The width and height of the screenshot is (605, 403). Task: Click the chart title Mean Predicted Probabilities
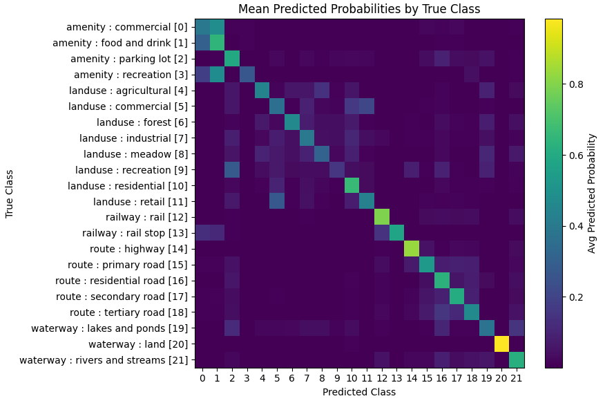[x=359, y=9]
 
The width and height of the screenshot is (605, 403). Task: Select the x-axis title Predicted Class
[x=359, y=392]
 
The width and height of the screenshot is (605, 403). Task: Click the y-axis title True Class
[x=10, y=193]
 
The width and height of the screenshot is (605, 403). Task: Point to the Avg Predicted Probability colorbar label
[x=592, y=193]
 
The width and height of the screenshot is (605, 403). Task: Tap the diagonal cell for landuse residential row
[x=352, y=185]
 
